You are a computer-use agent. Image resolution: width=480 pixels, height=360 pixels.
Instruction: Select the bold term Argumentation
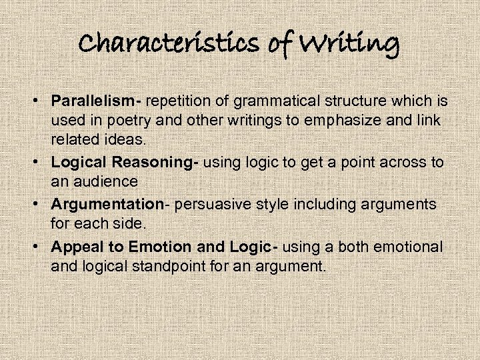(x=107, y=204)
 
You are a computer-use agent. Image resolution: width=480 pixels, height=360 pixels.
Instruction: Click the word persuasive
(x=204, y=204)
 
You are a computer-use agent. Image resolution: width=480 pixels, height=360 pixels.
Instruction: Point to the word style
(x=262, y=204)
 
